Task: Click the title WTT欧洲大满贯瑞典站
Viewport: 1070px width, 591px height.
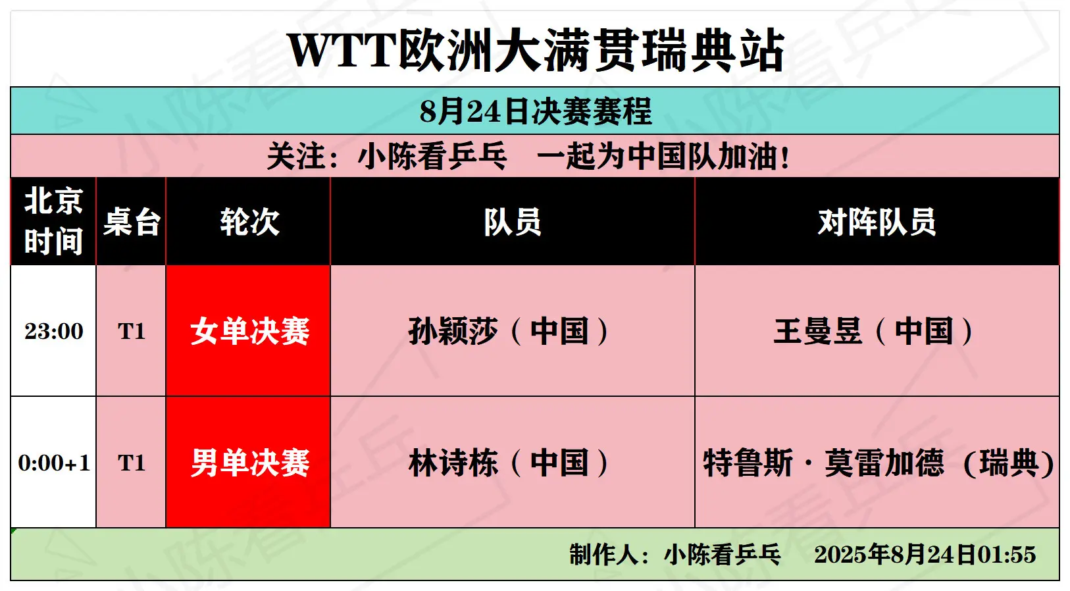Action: [x=535, y=50]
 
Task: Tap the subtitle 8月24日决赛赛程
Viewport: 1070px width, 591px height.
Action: [x=536, y=111]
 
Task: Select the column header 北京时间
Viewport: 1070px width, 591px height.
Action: [x=53, y=220]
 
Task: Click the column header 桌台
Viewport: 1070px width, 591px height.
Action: [x=132, y=222]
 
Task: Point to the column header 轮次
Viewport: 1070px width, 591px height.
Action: [x=249, y=222]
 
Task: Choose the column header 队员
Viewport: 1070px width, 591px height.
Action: [x=513, y=222]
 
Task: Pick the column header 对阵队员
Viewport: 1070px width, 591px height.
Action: [x=877, y=222]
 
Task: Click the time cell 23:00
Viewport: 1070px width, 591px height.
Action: [x=53, y=331]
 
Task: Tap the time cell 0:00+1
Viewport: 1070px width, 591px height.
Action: [x=53, y=463]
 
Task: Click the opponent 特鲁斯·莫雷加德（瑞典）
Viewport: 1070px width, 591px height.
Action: [x=878, y=463]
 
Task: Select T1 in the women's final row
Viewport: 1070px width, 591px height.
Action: [x=132, y=331]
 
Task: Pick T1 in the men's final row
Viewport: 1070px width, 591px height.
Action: [x=132, y=463]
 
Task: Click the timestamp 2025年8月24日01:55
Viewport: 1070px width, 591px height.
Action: [x=925, y=555]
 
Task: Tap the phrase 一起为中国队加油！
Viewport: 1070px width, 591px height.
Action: [x=664, y=156]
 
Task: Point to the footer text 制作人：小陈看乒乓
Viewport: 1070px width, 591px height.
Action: [x=675, y=555]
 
